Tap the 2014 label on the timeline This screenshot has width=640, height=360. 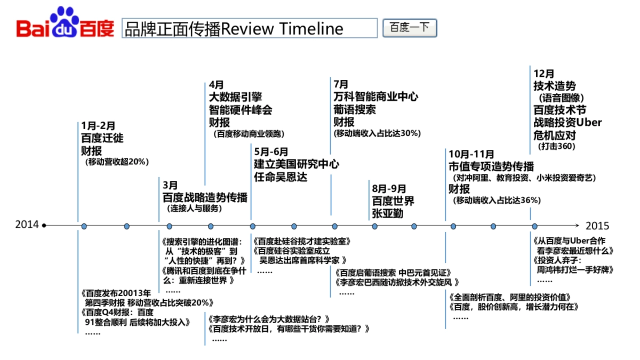pyautogui.click(x=27, y=225)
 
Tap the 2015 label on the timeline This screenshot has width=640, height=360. pyautogui.click(x=597, y=226)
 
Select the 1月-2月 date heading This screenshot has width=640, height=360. pyautogui.click(x=98, y=126)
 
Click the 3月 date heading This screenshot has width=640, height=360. pyautogui.click(x=170, y=185)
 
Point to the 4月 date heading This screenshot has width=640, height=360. pyautogui.click(x=216, y=85)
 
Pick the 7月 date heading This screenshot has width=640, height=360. pyautogui.click(x=341, y=84)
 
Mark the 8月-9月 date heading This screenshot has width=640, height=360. pyautogui.click(x=389, y=189)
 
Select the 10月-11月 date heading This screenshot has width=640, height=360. pyautogui.click(x=471, y=154)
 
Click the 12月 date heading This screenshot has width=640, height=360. pyautogui.click(x=543, y=74)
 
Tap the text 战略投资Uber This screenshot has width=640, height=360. pyautogui.click(x=567, y=123)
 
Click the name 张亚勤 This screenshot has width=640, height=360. pyautogui.click(x=388, y=214)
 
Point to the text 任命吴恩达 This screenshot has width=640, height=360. pyautogui.click(x=281, y=177)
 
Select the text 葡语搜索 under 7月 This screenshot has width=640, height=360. pyautogui.click(x=354, y=109)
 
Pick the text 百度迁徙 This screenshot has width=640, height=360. pyautogui.click(x=102, y=138)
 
